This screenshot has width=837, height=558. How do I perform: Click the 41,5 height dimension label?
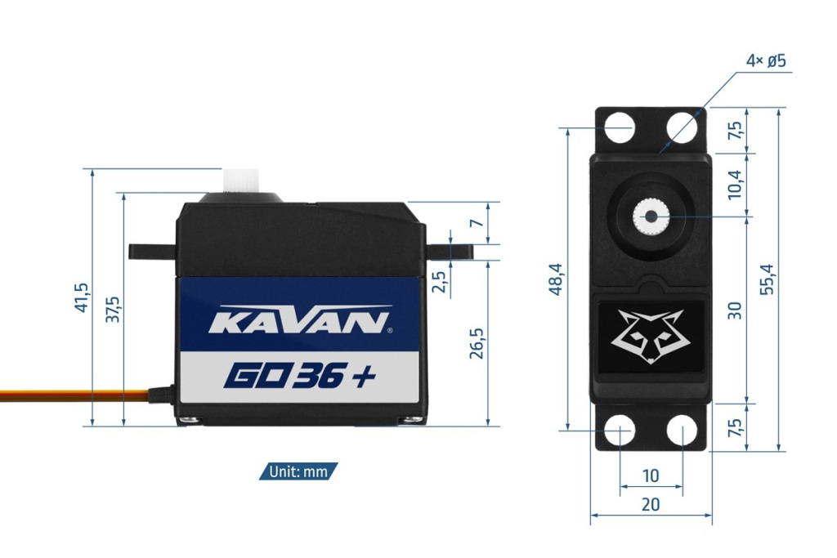click(x=81, y=298)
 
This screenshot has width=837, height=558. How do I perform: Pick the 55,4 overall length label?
click(x=768, y=279)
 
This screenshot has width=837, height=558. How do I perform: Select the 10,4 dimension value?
click(x=734, y=185)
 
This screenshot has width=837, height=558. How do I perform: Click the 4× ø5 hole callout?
click(x=766, y=61)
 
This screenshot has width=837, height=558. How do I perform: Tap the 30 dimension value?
click(x=735, y=310)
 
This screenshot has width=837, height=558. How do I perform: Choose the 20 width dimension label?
click(x=651, y=504)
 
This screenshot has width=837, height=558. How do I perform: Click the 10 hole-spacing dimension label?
click(x=651, y=475)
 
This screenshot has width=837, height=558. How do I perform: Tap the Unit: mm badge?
click(x=298, y=471)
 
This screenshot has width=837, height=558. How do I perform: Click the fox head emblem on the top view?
click(x=651, y=336)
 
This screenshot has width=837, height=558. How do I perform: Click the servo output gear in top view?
click(x=651, y=217)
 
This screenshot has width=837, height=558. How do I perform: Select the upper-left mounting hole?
click(x=620, y=127)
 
